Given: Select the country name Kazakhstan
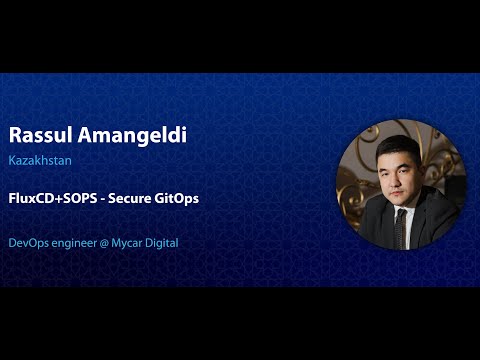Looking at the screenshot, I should pos(39,158).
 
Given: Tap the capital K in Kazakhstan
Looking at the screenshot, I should pos(12,158).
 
